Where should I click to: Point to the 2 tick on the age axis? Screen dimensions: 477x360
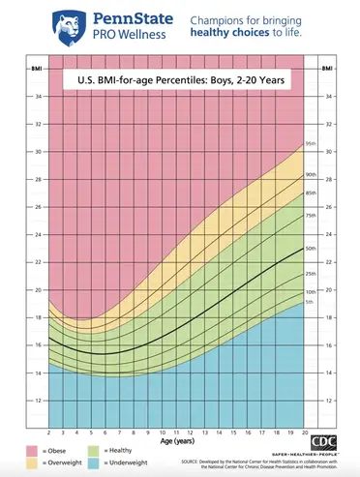[x=50, y=432]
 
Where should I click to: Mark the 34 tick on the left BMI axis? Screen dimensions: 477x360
[x=38, y=97]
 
